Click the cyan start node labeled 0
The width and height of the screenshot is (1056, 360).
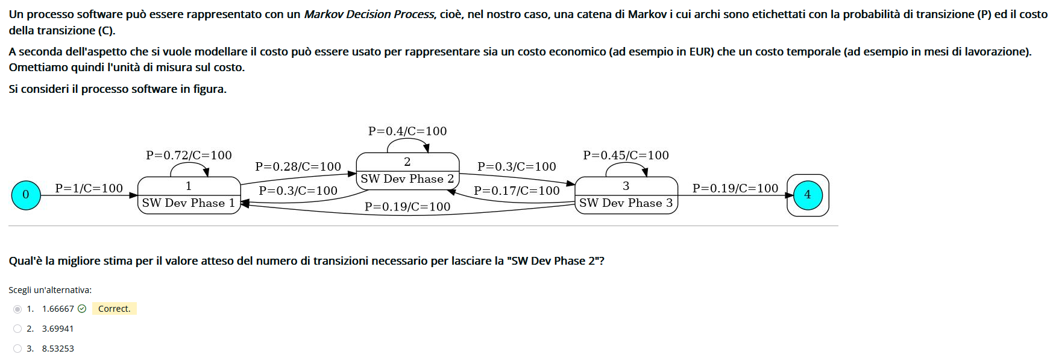tap(26, 195)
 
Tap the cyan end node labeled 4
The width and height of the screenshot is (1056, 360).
tap(808, 195)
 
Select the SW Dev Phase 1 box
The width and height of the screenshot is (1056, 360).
tap(189, 195)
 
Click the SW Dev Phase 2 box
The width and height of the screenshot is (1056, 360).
tap(407, 171)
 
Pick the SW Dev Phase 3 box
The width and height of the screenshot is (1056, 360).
tap(626, 195)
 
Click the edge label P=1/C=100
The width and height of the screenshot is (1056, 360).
tap(89, 188)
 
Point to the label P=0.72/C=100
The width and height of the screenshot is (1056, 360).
tap(189, 155)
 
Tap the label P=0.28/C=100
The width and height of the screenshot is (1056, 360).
tap(298, 166)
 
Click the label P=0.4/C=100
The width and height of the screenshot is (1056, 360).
tap(407, 131)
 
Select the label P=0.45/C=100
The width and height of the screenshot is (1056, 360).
tap(626, 155)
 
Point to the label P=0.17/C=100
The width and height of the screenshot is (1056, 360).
tap(517, 191)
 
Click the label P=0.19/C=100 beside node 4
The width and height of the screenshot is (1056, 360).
tap(735, 188)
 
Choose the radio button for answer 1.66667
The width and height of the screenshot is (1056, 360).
tap(17, 309)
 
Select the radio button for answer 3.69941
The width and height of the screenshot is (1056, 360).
tap(17, 329)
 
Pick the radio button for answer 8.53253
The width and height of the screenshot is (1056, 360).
tap(17, 349)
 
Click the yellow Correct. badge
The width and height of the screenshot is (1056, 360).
tap(114, 309)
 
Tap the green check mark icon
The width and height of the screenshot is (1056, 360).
tap(82, 309)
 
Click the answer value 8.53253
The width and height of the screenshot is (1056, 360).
tap(58, 349)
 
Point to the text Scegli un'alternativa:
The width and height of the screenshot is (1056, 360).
tap(50, 290)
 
